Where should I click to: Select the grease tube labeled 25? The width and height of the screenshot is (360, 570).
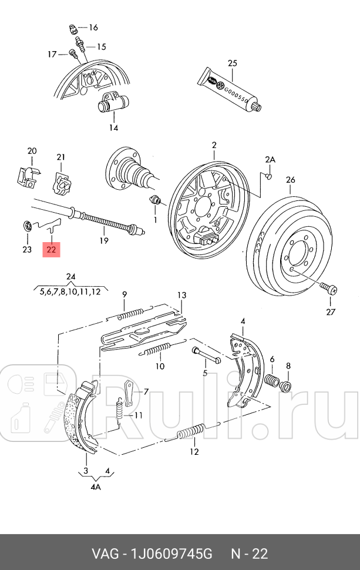pyautogui.click(x=230, y=90)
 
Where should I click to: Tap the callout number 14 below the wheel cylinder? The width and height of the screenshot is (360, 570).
pyautogui.click(x=113, y=128)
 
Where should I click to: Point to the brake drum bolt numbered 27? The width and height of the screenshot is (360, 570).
pyautogui.click(x=327, y=288)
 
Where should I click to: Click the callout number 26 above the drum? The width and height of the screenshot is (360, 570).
pyautogui.click(x=290, y=179)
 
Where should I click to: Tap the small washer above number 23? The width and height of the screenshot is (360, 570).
pyautogui.click(x=26, y=226)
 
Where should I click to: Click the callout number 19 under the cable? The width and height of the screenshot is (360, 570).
pyautogui.click(x=103, y=240)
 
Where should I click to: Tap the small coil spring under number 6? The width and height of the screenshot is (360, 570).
pyautogui.click(x=272, y=380)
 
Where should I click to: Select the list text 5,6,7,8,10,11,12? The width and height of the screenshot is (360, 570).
pyautogui.click(x=70, y=291)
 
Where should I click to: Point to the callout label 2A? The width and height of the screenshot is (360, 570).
pyautogui.click(x=270, y=159)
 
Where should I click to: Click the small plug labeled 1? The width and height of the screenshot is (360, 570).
pyautogui.click(x=156, y=201)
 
